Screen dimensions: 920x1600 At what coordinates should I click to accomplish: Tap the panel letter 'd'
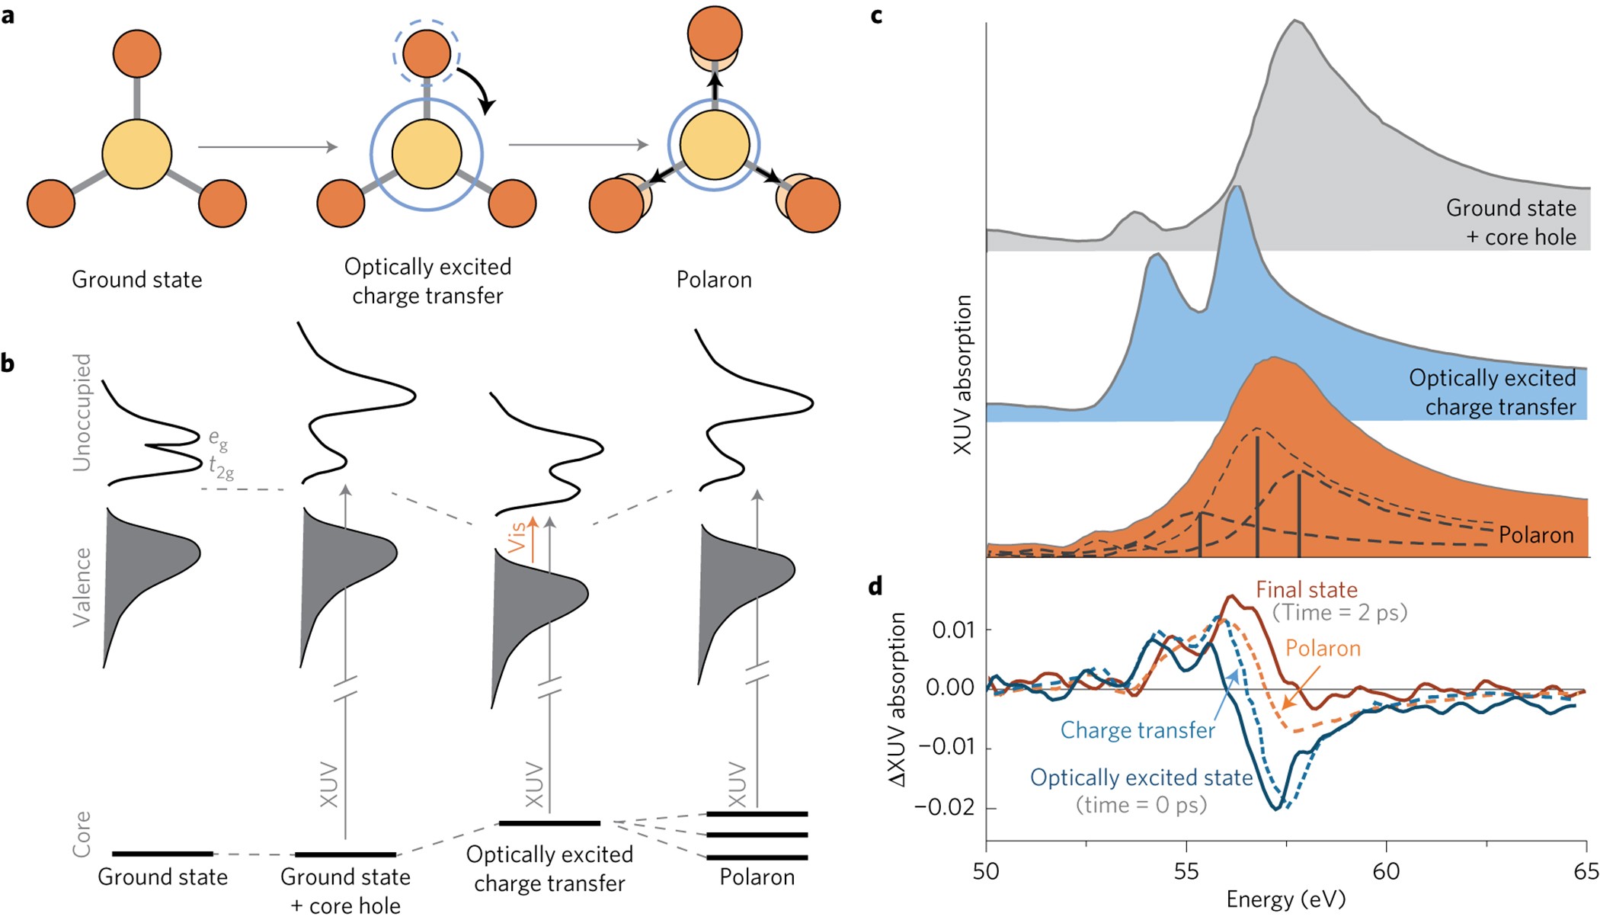pyautogui.click(x=876, y=586)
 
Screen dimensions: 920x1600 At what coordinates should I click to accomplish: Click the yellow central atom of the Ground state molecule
pyautogui.click(x=137, y=153)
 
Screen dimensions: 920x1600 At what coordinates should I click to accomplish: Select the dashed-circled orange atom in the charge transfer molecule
pyautogui.click(x=427, y=53)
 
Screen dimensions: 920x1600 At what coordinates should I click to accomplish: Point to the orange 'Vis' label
pyautogui.click(x=518, y=537)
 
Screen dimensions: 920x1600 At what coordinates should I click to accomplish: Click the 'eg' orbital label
pyautogui.click(x=218, y=438)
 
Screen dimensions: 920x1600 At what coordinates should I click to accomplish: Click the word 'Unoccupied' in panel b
pyautogui.click(x=81, y=412)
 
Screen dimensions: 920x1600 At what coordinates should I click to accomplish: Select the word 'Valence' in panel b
pyautogui.click(x=81, y=587)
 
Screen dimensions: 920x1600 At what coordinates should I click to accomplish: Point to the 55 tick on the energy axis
pyautogui.click(x=1186, y=870)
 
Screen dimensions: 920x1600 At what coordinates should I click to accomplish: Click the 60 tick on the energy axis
pyautogui.click(x=1386, y=870)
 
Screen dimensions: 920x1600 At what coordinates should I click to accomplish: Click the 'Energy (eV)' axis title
pyautogui.click(x=1285, y=899)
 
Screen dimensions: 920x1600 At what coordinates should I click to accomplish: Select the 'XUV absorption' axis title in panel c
pyautogui.click(x=963, y=374)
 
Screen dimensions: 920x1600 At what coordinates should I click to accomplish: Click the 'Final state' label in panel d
pyautogui.click(x=1307, y=589)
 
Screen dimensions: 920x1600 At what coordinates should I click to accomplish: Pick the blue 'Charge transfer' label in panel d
pyautogui.click(x=1138, y=730)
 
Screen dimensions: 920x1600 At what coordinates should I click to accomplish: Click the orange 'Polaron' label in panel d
pyautogui.click(x=1323, y=648)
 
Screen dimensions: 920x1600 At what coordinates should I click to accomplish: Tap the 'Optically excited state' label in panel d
pyautogui.click(x=1141, y=777)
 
